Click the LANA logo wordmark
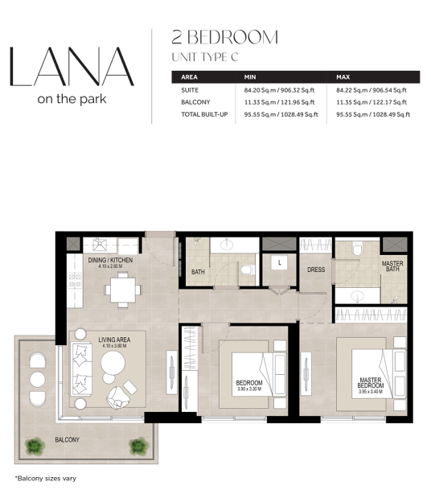click(x=72, y=67)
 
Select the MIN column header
click(x=250, y=77)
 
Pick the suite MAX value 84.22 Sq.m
click(x=371, y=90)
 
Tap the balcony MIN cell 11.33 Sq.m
click(x=279, y=102)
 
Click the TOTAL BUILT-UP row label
click(x=204, y=114)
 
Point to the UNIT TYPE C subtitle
click(x=205, y=57)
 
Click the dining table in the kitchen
click(x=123, y=290)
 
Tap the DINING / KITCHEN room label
click(x=110, y=260)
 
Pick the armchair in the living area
click(x=118, y=397)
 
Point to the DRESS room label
click(x=316, y=270)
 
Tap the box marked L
click(x=280, y=262)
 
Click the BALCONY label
click(x=67, y=440)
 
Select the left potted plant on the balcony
click(x=35, y=447)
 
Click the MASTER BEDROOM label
click(x=371, y=383)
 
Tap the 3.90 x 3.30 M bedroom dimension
click(x=249, y=389)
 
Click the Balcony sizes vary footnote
click(x=46, y=479)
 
